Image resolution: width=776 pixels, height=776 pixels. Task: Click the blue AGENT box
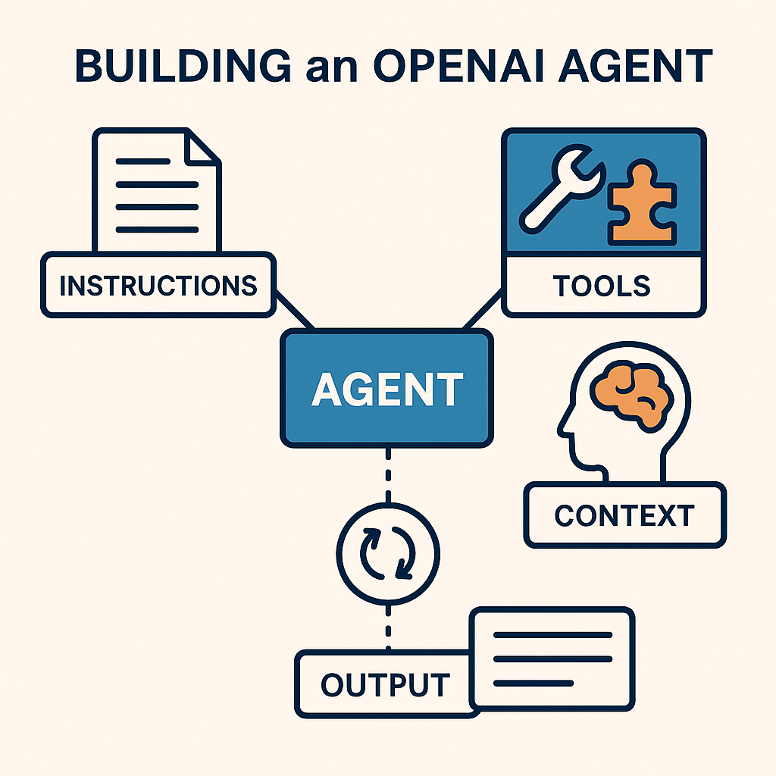pyautogui.click(x=386, y=388)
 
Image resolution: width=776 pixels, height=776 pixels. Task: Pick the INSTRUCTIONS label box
pyautogui.click(x=158, y=285)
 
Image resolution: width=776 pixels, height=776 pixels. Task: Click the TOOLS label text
pyautogui.click(x=602, y=286)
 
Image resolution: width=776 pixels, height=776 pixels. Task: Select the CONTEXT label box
pyautogui.click(x=624, y=515)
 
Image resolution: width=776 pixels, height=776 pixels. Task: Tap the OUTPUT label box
pyautogui.click(x=385, y=684)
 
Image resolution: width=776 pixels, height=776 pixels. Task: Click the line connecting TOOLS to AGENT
pyautogui.click(x=483, y=311)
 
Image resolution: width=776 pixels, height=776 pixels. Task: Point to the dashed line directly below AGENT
pyautogui.click(x=388, y=474)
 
